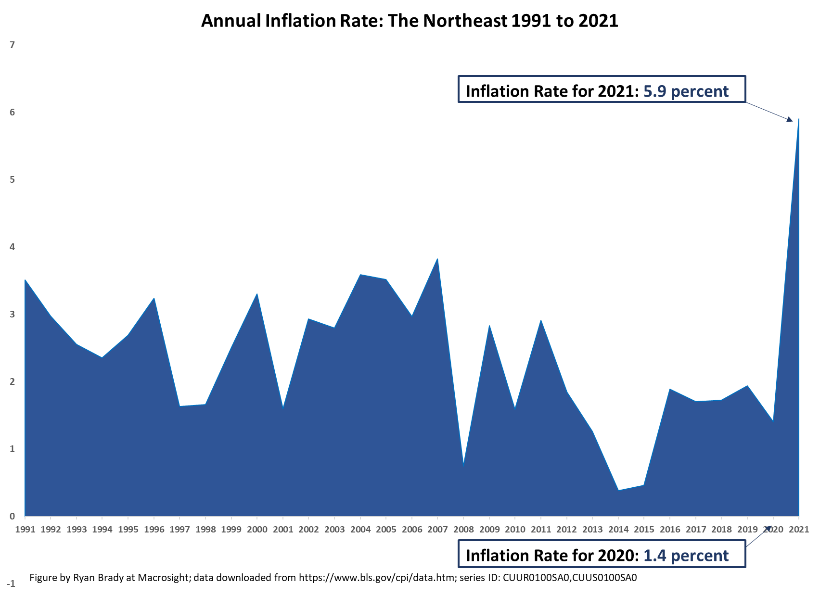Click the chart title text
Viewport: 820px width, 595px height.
pos(409,21)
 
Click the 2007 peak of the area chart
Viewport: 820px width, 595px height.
pos(437,259)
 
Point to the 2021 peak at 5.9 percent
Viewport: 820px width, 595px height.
pos(798,119)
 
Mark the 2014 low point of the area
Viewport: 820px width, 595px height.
pos(618,490)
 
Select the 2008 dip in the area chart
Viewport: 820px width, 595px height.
pos(463,464)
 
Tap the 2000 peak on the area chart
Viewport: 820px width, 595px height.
pos(257,294)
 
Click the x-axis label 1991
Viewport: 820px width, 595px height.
pos(25,530)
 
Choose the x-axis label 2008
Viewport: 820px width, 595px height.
pos(463,530)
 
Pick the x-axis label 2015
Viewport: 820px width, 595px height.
pos(644,530)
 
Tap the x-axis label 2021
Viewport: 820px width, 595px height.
pos(799,530)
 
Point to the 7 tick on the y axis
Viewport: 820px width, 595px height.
pos(13,45)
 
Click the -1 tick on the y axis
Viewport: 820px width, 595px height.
pos(11,584)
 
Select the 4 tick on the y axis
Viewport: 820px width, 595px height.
pos(13,247)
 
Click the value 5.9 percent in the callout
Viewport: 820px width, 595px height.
pos(686,91)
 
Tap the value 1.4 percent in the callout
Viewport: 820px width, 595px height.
pos(686,556)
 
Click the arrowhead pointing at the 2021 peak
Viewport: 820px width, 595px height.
pos(789,120)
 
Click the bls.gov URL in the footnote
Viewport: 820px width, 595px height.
pos(377,578)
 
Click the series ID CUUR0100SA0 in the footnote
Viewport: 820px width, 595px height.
pos(536,578)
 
